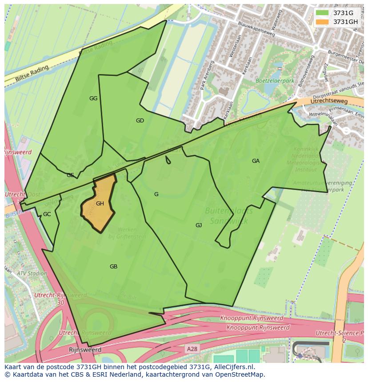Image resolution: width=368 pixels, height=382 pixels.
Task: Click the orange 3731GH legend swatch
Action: coord(323,22)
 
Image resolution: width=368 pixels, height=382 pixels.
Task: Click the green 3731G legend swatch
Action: coord(323,13)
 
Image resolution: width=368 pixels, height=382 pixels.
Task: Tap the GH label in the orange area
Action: coord(100,204)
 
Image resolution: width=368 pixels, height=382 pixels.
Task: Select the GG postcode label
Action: coord(93,98)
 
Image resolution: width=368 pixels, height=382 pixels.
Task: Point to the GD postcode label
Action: coord(140,121)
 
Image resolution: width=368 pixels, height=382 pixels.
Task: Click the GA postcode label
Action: coord(256,161)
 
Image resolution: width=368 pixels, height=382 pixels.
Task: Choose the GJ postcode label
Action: coord(199,225)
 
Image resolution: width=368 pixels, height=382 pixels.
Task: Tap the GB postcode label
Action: coord(113,267)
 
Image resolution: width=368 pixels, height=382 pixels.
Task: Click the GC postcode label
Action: coord(47,214)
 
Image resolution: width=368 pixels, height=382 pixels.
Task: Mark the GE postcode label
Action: coord(70,175)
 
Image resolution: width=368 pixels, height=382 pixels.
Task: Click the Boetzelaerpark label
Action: coord(275,81)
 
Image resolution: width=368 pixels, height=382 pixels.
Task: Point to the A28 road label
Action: coord(192,349)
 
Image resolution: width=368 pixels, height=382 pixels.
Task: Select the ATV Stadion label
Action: coord(32,273)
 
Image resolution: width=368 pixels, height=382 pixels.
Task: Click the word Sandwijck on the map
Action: coord(225,220)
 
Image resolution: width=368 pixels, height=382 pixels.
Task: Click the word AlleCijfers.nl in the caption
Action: coord(234,367)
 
